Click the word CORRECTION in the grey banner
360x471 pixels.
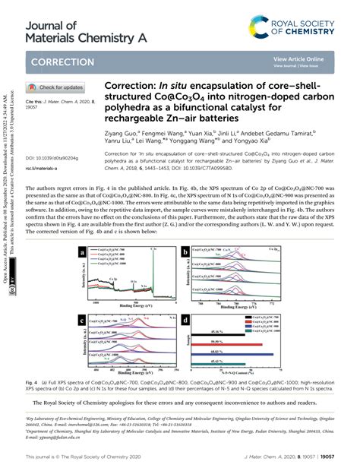(x=62, y=61)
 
